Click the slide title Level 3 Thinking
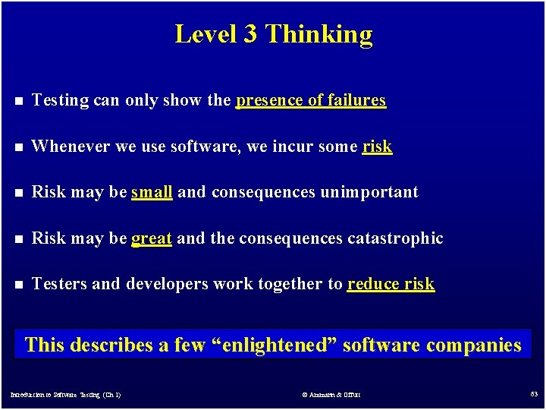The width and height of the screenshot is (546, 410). pyautogui.click(x=273, y=34)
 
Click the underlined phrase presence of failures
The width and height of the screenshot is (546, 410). pyautogui.click(x=311, y=100)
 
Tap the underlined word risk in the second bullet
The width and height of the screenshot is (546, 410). pyautogui.click(x=377, y=147)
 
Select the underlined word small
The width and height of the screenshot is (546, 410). pyautogui.click(x=152, y=192)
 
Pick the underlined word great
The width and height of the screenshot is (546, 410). pyautogui.click(x=152, y=238)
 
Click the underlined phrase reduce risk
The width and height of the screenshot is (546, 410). pyautogui.click(x=391, y=284)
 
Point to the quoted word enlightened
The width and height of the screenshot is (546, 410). pyautogui.click(x=274, y=345)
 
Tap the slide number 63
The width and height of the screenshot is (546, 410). pyautogui.click(x=534, y=394)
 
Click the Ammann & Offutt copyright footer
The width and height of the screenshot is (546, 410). pyautogui.click(x=331, y=395)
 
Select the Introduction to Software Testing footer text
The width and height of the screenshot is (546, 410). pyautogui.click(x=65, y=395)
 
